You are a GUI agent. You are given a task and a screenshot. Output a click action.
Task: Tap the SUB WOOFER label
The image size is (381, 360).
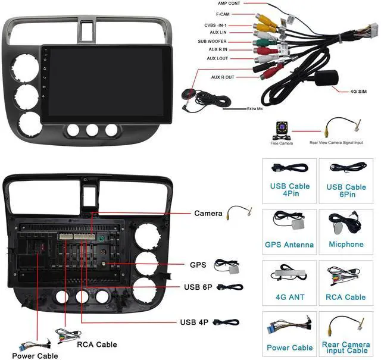212,42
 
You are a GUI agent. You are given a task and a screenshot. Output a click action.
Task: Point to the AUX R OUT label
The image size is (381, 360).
223,77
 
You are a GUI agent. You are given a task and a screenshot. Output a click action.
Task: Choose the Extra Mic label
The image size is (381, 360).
255,109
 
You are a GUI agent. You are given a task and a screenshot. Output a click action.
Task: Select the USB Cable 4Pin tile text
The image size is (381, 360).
290,190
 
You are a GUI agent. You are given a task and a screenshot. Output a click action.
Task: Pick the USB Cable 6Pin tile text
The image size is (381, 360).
346,190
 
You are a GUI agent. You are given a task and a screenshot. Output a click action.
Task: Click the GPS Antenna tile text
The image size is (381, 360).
289,245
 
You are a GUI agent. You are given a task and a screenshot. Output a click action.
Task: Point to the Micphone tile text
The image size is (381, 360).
346,245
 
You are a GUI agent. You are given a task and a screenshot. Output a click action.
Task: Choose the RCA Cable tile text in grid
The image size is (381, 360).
346,297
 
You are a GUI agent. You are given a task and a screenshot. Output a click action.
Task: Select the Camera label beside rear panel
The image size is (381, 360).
208,213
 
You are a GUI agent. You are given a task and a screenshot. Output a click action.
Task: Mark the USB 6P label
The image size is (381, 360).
198,287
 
